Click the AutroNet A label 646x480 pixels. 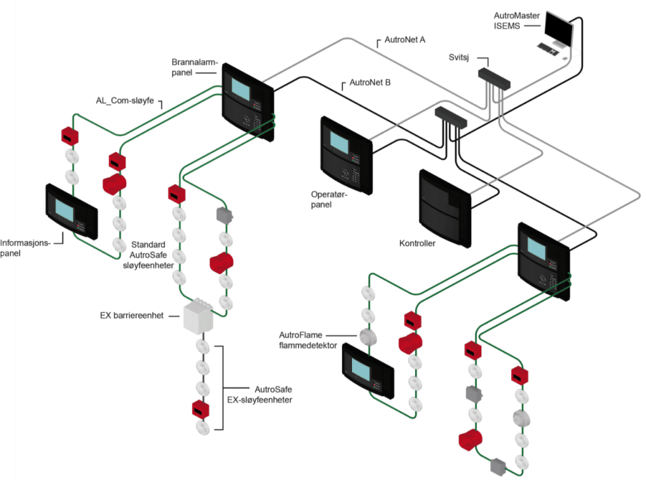click(405, 40)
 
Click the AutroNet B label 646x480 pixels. click(370, 82)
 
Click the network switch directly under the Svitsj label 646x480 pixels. click(495, 78)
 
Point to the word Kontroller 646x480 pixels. click(417, 243)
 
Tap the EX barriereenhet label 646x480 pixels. click(131, 315)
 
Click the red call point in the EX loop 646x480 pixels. click(200, 409)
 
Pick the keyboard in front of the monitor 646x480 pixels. click(546, 48)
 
